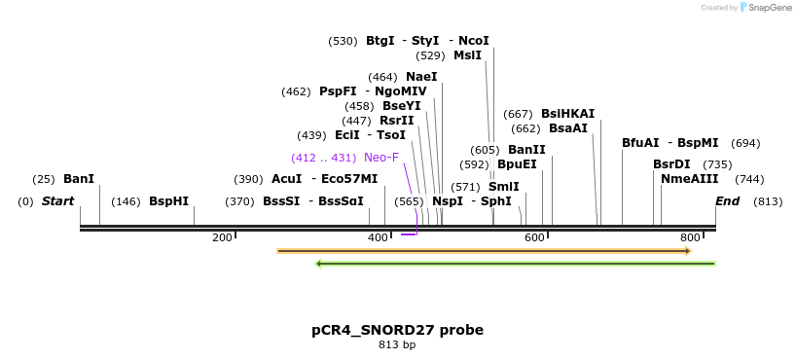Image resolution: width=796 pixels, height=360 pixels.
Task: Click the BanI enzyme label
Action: (x=79, y=179)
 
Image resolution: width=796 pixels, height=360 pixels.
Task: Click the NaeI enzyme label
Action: (x=421, y=77)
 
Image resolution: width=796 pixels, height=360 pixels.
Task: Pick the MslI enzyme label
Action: (x=467, y=55)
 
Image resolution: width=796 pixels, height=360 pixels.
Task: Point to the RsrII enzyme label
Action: (x=397, y=121)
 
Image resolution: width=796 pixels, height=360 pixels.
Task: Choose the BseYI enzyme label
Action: (x=402, y=106)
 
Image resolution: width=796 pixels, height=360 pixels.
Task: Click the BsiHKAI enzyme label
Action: (x=567, y=114)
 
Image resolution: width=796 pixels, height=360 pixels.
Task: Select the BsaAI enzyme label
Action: (x=568, y=128)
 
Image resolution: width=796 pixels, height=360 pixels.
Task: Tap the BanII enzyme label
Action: (x=526, y=150)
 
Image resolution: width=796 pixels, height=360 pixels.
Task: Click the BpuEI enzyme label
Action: (x=517, y=164)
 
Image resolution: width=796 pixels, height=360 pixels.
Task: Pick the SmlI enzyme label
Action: (x=503, y=187)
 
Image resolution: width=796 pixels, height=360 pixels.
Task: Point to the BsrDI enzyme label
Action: (x=671, y=164)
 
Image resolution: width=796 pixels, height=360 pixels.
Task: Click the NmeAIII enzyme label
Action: (x=689, y=179)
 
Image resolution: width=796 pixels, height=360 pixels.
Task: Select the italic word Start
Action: (x=57, y=201)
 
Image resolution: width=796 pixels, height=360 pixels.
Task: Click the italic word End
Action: (x=728, y=201)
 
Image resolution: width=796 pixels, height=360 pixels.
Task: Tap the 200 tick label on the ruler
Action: (x=222, y=238)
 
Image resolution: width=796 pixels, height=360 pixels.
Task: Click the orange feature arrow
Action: (x=484, y=251)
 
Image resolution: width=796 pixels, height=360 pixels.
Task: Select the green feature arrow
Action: (x=516, y=263)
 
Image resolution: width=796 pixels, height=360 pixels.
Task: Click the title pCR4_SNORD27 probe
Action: (x=397, y=330)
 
